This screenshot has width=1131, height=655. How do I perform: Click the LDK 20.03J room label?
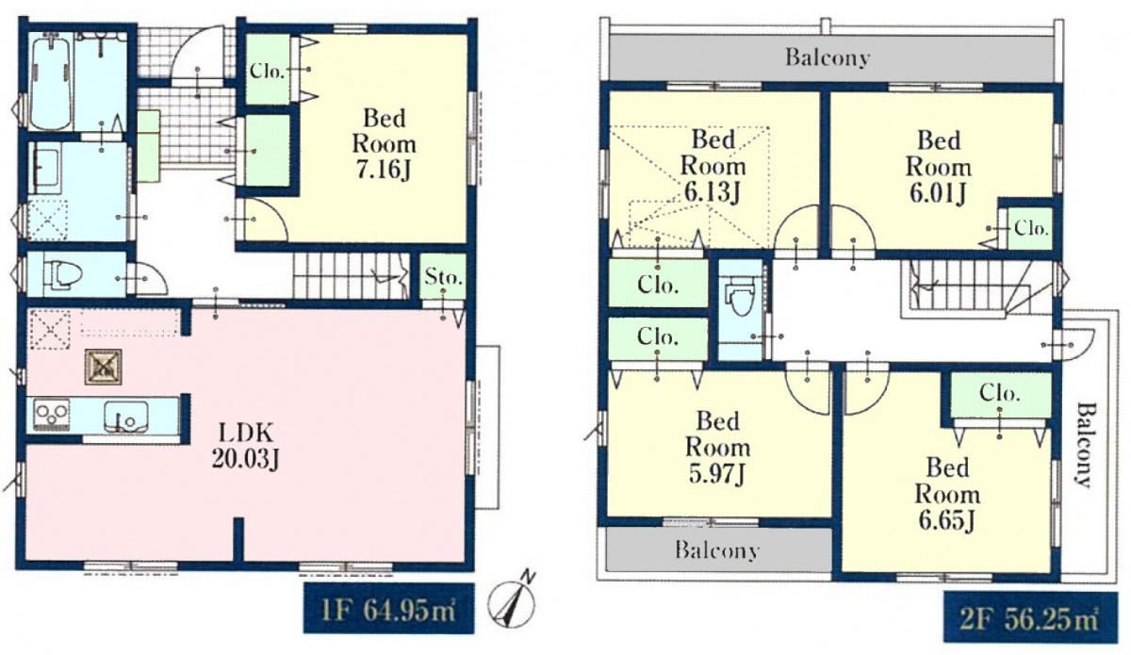[x=245, y=446]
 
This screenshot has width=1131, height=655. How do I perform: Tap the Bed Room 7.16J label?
[x=385, y=144]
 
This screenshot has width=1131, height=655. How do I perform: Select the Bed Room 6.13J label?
[x=713, y=166]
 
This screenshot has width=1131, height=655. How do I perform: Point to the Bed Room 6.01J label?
[x=938, y=167]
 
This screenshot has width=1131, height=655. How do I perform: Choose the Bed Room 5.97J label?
[x=717, y=448]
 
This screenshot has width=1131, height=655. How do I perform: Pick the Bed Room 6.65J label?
[x=947, y=495]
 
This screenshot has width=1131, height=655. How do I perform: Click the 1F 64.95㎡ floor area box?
[x=388, y=608]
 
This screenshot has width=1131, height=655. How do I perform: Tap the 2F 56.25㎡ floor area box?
[x=1030, y=616]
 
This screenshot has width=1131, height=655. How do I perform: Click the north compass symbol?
[x=512, y=601]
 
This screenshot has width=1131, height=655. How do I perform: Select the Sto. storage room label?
[x=444, y=277]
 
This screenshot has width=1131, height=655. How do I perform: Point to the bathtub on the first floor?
[x=50, y=83]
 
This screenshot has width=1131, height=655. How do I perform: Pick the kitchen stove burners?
[x=52, y=414]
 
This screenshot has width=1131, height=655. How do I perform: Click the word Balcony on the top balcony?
[x=828, y=57]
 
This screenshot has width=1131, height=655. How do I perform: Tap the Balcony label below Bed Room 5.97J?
[x=717, y=549]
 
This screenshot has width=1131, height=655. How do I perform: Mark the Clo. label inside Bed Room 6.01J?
[x=1031, y=229]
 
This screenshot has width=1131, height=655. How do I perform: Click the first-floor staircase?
[x=352, y=276]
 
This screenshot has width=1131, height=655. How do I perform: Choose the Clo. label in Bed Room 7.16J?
[x=267, y=72]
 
